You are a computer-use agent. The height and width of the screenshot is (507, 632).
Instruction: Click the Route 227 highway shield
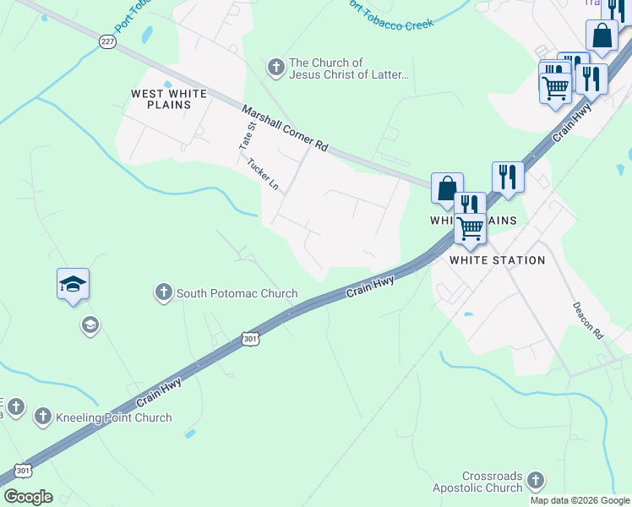(107, 41)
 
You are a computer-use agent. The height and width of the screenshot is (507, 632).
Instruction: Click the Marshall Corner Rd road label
(285, 128)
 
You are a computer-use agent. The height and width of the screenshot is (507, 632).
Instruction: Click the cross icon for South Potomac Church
(163, 293)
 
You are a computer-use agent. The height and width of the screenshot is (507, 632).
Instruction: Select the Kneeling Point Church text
(113, 417)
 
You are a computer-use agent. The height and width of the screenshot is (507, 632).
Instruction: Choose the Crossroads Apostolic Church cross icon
(534, 482)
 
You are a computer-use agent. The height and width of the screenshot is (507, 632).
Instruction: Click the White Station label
(497, 260)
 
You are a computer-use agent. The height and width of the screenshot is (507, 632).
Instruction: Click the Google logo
(28, 497)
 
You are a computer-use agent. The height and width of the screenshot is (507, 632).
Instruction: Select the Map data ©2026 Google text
(580, 500)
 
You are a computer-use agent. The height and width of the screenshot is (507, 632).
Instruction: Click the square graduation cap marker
(74, 285)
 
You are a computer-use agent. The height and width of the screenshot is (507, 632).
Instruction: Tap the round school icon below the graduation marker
(90, 325)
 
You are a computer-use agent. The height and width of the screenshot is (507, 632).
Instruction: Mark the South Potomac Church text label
(237, 294)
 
